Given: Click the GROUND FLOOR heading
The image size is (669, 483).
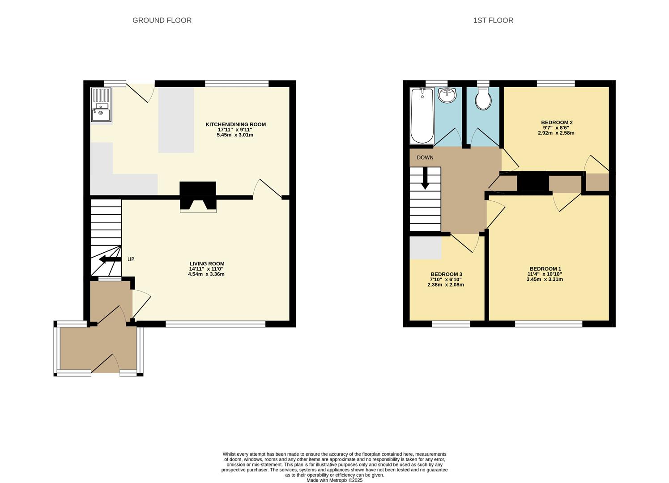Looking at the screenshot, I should pos(162,20).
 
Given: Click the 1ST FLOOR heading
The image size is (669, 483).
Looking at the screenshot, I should pos(493,20).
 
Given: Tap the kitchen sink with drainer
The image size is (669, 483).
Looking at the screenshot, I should pos(101,105).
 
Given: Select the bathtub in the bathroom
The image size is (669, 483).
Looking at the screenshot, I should pos(422,115).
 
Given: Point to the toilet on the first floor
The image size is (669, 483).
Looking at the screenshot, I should pos(483,99).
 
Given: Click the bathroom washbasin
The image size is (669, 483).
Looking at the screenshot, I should pos(447,95).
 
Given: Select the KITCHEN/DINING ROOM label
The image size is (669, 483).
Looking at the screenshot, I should pos(235,124).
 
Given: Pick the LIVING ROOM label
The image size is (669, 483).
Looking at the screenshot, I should pos(207,264).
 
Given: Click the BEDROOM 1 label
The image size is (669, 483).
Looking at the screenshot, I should pos(545,269).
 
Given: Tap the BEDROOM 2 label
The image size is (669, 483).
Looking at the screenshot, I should pos(557,123).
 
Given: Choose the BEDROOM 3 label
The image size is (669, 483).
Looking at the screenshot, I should pos(446,274).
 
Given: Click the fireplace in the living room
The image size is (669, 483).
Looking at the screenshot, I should pos(198,197).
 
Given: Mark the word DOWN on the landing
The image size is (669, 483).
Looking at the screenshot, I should pos(425,157).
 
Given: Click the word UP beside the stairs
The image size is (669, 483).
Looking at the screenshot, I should pos(131,259).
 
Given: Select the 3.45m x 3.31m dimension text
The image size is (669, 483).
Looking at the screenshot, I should pos(545,280).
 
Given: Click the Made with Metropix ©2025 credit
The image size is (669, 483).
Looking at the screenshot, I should pos(334,480).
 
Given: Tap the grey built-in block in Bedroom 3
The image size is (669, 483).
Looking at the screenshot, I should pos(426,248).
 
